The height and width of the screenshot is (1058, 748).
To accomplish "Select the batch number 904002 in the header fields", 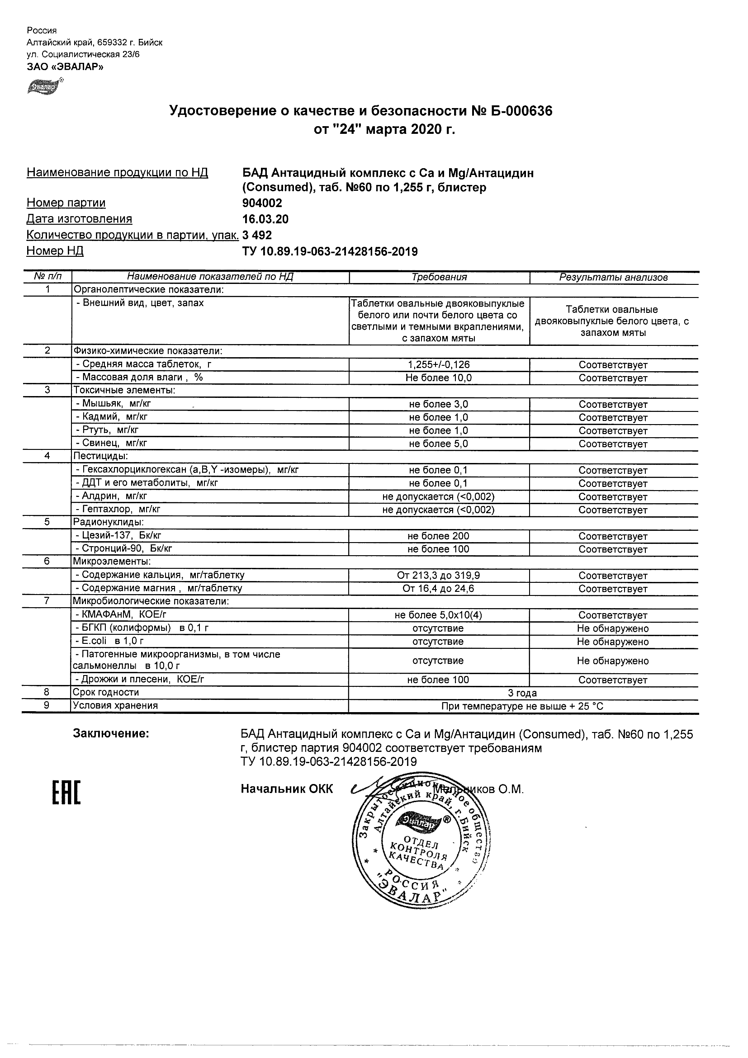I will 262,203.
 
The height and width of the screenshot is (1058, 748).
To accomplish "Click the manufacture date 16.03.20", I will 265,219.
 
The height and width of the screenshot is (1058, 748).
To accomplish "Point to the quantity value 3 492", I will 257,235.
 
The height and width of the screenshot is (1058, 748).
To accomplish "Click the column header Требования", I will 439,277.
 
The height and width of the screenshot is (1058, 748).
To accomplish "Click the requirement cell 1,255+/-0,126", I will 439,364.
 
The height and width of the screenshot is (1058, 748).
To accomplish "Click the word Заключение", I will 111,734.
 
